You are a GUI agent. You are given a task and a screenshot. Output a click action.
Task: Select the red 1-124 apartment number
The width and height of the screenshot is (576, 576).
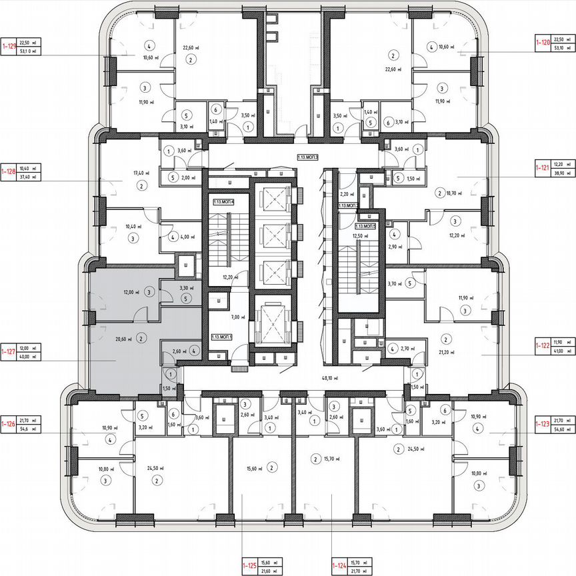339,566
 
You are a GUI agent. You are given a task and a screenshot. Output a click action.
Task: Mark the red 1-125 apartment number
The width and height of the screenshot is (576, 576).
250,566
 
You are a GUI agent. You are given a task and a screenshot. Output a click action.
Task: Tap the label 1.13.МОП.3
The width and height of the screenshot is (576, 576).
308,157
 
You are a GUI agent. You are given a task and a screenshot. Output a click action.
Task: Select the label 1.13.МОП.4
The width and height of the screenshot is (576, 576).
224,201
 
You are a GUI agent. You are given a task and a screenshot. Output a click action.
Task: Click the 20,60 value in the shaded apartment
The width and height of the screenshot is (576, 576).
121,339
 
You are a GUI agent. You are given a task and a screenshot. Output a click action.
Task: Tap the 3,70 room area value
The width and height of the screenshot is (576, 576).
393,283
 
